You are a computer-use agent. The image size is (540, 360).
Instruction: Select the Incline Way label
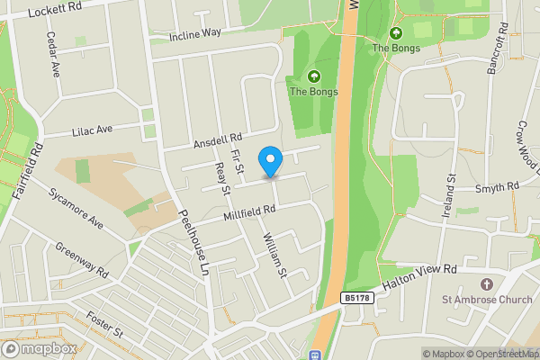point(195,34)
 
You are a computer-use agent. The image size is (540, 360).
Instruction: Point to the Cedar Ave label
point(53,56)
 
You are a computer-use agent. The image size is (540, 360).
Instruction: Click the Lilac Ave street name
point(92,130)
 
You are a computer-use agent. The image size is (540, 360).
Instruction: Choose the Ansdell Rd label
point(218,142)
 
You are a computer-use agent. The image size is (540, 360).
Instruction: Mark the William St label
point(274,255)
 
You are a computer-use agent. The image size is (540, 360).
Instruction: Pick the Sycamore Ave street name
point(77,209)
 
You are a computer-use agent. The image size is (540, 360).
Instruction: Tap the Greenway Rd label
point(80,260)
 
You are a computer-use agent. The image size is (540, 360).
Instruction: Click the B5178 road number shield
point(355,298)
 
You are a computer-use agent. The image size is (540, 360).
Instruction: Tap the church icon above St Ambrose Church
point(486,283)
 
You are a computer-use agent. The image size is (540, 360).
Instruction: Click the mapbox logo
point(40,348)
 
